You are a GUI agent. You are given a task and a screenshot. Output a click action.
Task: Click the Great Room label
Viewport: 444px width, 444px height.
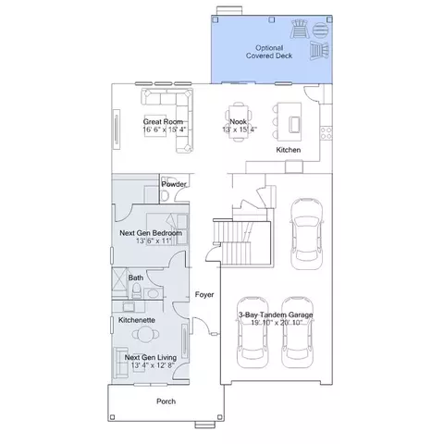click(163, 121)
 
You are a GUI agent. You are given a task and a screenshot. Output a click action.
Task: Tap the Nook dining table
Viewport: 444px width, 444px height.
click(239, 121)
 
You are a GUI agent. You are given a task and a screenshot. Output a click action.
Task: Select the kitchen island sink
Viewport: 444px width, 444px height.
click(294, 125)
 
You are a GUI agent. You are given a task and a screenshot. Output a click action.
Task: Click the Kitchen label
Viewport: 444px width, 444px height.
click(289, 150)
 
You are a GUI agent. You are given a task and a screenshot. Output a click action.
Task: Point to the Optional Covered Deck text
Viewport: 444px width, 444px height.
click(269, 52)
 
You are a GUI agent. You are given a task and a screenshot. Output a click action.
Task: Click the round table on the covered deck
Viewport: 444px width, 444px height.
click(321, 31)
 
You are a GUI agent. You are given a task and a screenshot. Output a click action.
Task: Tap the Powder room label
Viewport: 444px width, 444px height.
click(174, 184)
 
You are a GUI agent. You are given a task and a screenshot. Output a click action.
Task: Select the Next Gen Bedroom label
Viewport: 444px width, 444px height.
click(151, 233)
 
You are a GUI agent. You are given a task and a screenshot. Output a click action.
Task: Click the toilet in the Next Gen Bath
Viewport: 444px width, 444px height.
click(136, 290)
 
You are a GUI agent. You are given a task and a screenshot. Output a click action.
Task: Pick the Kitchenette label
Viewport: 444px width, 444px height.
click(137, 320)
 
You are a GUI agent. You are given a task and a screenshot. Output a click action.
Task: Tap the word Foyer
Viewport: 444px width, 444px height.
click(204, 295)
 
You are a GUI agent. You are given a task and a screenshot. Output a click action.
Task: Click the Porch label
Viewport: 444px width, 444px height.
click(166, 401)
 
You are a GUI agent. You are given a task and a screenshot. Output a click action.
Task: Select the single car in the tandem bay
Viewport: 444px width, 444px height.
click(307, 234)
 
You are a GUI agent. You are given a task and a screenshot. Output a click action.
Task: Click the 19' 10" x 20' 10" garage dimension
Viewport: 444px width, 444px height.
click(277, 323)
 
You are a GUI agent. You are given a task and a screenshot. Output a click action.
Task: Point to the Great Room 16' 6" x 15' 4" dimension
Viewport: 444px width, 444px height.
click(165, 129)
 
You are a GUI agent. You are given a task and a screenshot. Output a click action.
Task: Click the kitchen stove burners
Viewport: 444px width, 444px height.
click(326, 133)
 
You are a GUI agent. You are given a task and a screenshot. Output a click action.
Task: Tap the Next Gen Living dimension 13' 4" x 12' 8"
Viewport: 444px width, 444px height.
click(153, 365)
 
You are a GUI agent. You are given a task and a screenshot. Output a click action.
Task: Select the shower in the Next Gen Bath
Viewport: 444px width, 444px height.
click(119, 282)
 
